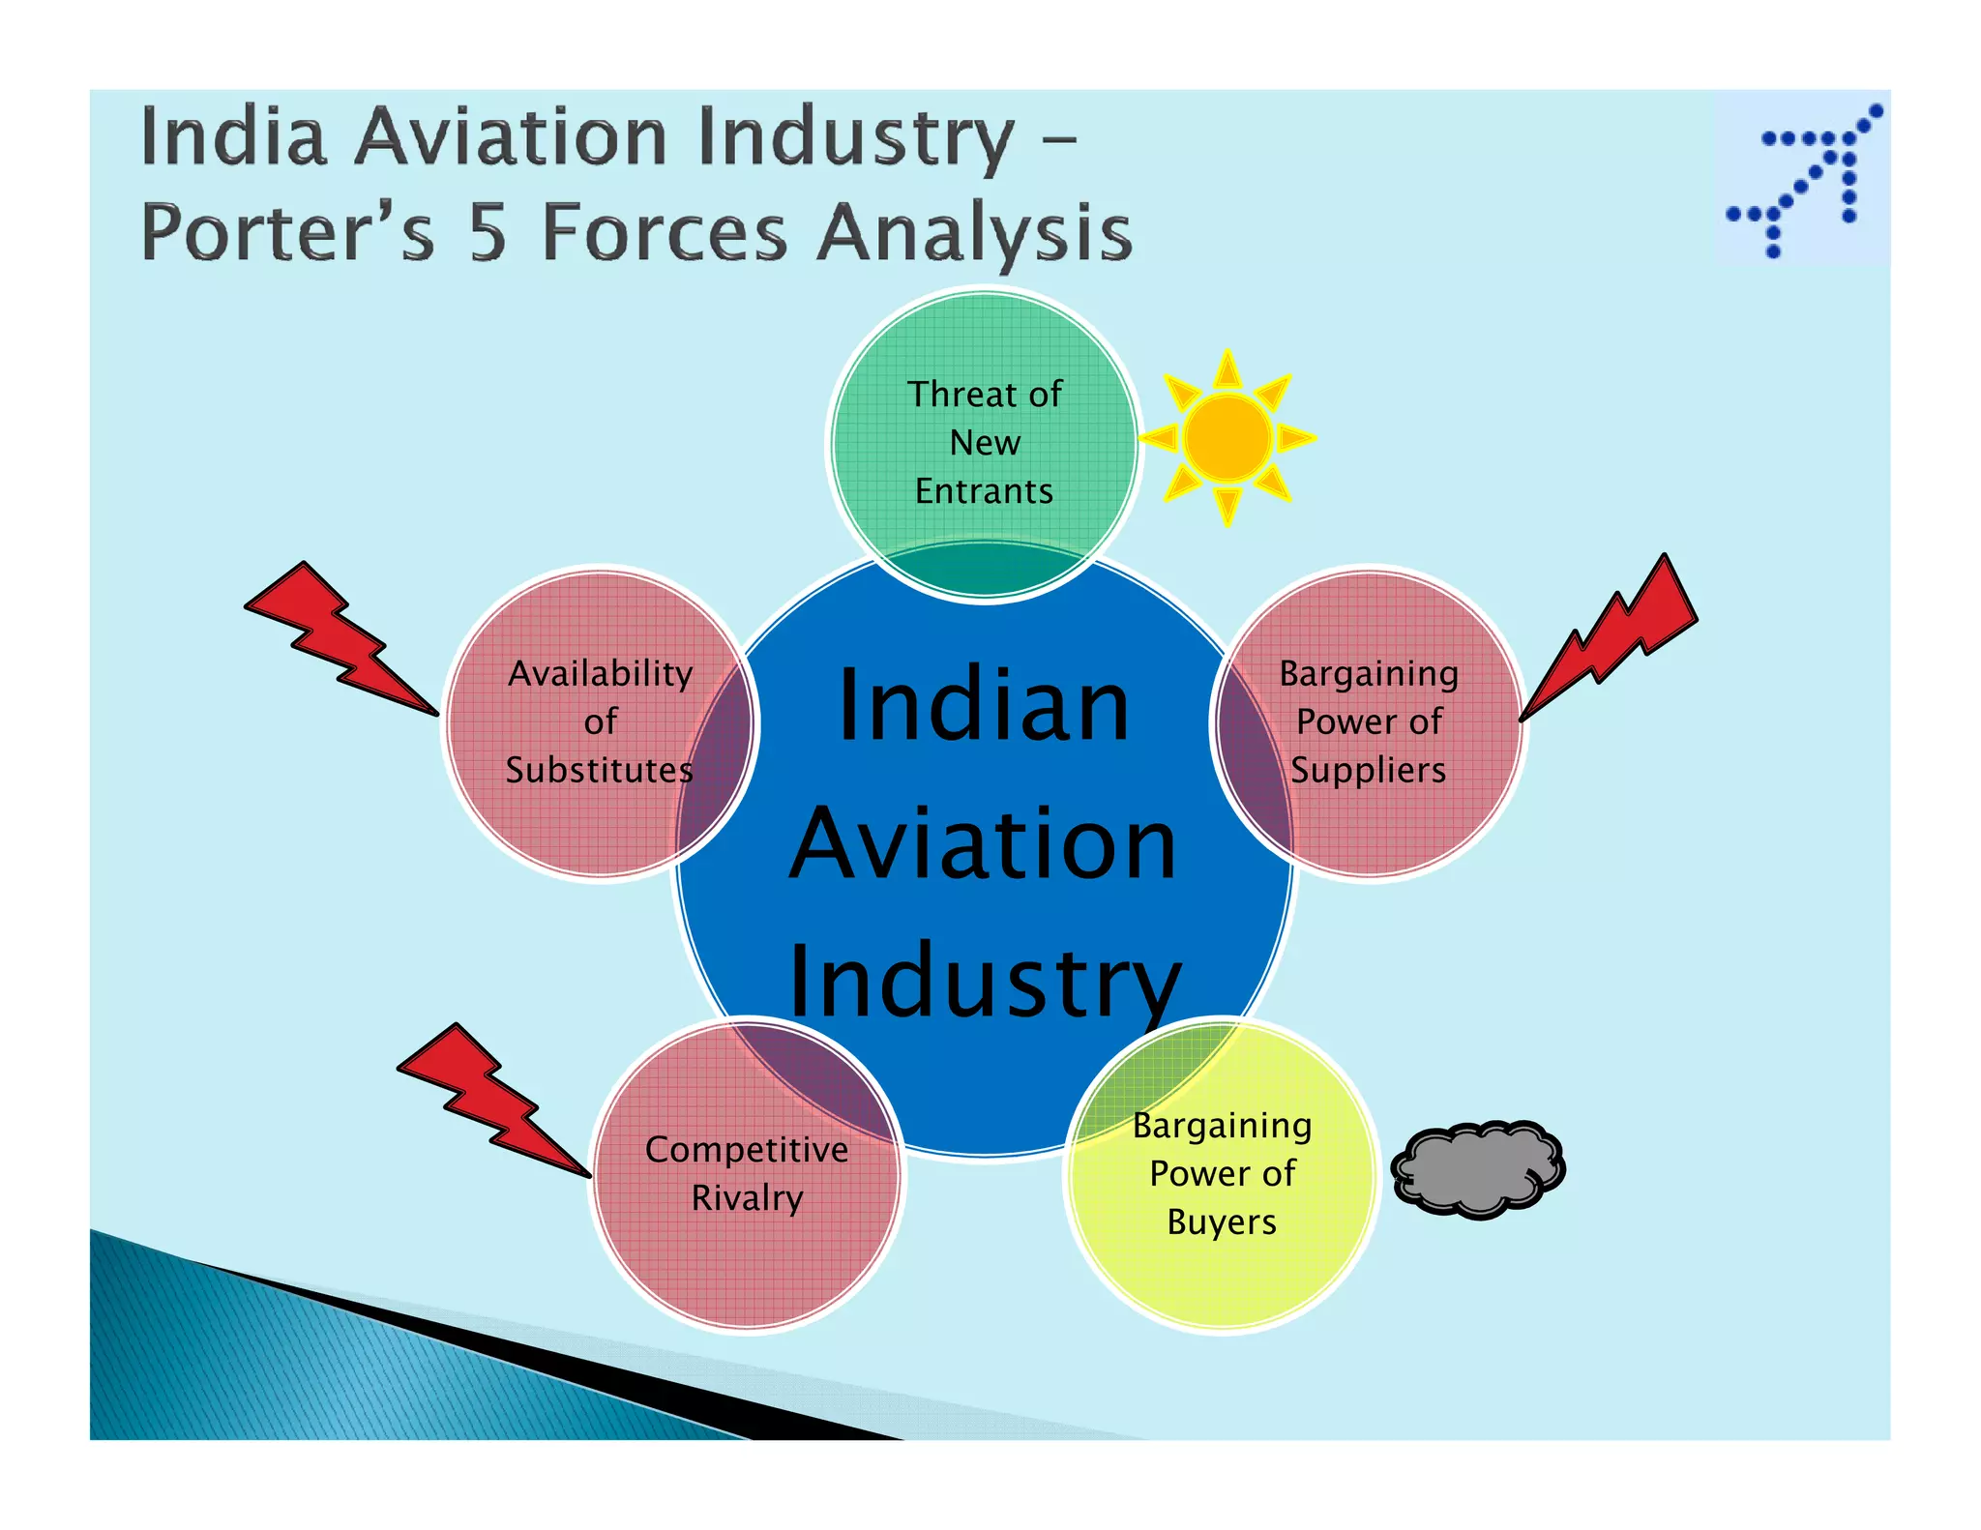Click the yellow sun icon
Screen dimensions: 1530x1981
coord(1227,438)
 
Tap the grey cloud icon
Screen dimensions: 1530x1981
coord(1477,1170)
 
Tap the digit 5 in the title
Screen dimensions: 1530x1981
coord(488,234)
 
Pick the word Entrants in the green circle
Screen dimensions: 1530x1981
coord(984,491)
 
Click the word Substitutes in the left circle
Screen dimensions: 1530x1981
coord(599,770)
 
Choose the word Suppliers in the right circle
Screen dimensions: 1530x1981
coord(1368,770)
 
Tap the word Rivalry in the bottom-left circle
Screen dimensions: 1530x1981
coord(747,1198)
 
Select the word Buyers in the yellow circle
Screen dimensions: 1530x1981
coord(1222,1222)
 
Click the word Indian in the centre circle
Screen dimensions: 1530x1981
coord(984,706)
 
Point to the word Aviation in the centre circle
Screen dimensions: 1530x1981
coord(984,844)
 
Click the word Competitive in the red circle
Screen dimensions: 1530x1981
coord(747,1150)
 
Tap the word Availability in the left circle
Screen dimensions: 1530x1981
coord(601,674)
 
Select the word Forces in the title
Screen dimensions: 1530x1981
coord(665,234)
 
